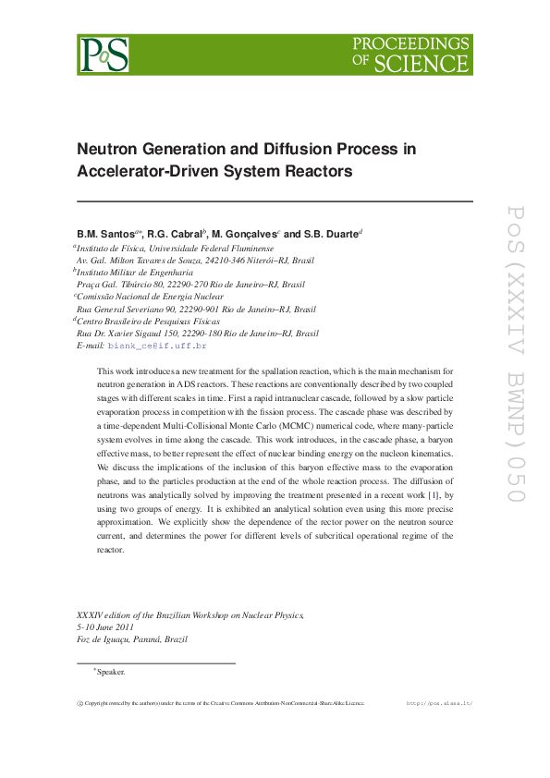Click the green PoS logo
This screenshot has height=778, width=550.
[104, 55]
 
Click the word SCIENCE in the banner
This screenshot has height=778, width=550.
[432, 63]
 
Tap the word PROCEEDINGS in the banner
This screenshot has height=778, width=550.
[411, 43]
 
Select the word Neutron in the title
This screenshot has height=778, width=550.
[108, 149]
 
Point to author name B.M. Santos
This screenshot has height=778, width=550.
[106, 235]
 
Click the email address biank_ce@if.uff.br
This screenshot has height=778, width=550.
[157, 346]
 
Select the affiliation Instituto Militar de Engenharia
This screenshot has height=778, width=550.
[133, 273]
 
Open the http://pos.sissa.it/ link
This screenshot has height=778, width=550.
[440, 703]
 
